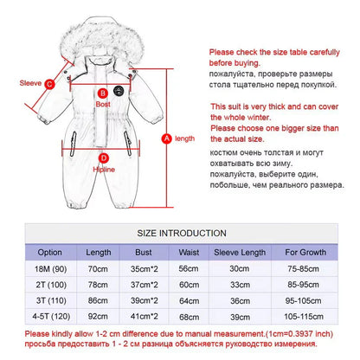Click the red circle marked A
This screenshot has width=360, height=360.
pyautogui.click(x=166, y=138)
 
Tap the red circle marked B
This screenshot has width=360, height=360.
pyautogui.click(x=102, y=93)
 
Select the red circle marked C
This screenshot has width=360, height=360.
pyautogui.click(x=49, y=84)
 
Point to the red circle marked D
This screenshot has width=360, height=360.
pyautogui.click(x=104, y=158)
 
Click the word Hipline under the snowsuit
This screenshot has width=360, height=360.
pyautogui.click(x=104, y=170)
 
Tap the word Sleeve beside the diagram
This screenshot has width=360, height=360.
pyautogui.click(x=30, y=83)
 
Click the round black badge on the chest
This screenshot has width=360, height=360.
pyautogui.click(x=118, y=91)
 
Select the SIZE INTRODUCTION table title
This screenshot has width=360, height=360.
pyautogui.click(x=182, y=233)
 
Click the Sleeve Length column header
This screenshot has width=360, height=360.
pyautogui.click(x=240, y=253)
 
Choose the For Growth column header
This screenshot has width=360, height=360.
pyautogui.click(x=305, y=252)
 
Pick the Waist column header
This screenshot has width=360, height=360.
pyautogui.click(x=189, y=253)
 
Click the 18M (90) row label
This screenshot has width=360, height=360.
pyautogui.click(x=50, y=269)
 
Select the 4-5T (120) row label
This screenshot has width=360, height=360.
pyautogui.click(x=51, y=317)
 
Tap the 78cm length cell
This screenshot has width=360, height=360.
pyautogui.click(x=98, y=285)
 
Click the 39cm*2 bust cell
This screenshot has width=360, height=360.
pyautogui.click(x=145, y=300)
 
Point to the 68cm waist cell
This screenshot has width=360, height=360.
pyautogui.click(x=189, y=317)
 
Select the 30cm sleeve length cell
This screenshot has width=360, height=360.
pyautogui.click(x=240, y=269)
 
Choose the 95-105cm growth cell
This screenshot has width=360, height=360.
pyautogui.click(x=303, y=300)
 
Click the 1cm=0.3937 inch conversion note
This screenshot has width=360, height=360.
pyautogui.click(x=299, y=334)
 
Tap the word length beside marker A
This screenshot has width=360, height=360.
pyautogui.click(x=184, y=138)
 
